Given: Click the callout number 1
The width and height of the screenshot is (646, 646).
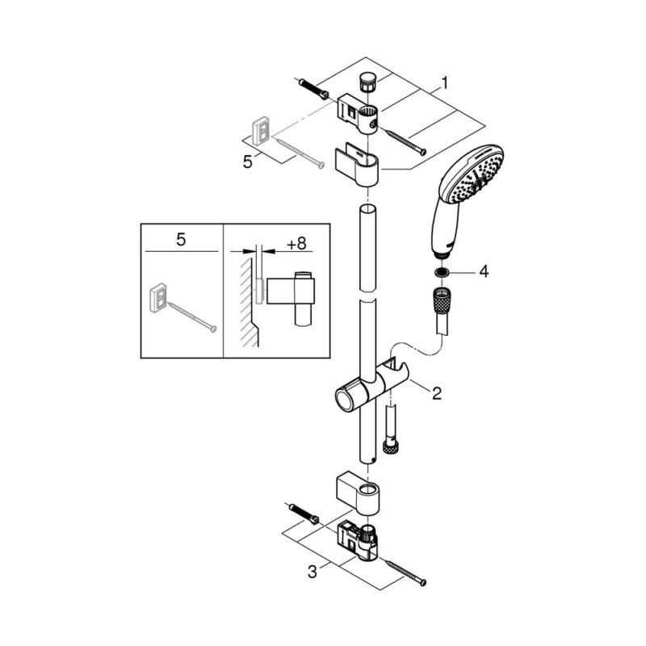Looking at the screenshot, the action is point(444,83).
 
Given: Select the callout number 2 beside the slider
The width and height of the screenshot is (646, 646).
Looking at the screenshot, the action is point(437,393).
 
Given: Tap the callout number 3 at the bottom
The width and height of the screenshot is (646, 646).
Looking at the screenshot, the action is point(313,572).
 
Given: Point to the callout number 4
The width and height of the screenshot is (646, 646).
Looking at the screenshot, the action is point(484,271).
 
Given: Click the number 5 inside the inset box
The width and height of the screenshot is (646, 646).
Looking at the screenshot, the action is point(181,239).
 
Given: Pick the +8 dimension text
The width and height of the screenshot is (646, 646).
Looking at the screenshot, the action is point(296,244).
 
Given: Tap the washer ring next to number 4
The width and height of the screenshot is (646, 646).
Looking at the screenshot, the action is point(443,272).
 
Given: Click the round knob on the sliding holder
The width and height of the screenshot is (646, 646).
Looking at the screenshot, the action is point(344,398).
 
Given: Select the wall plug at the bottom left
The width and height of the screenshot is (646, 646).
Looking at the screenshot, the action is point(304,514).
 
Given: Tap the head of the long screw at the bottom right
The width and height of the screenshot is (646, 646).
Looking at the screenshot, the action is point(422,582).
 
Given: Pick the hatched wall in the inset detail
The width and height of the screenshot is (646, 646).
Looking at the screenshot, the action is point(250,303).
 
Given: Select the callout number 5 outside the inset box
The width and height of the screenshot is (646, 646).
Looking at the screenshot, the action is point(247,162).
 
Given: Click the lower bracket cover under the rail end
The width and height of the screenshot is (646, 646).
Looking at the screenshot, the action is point(358,494).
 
